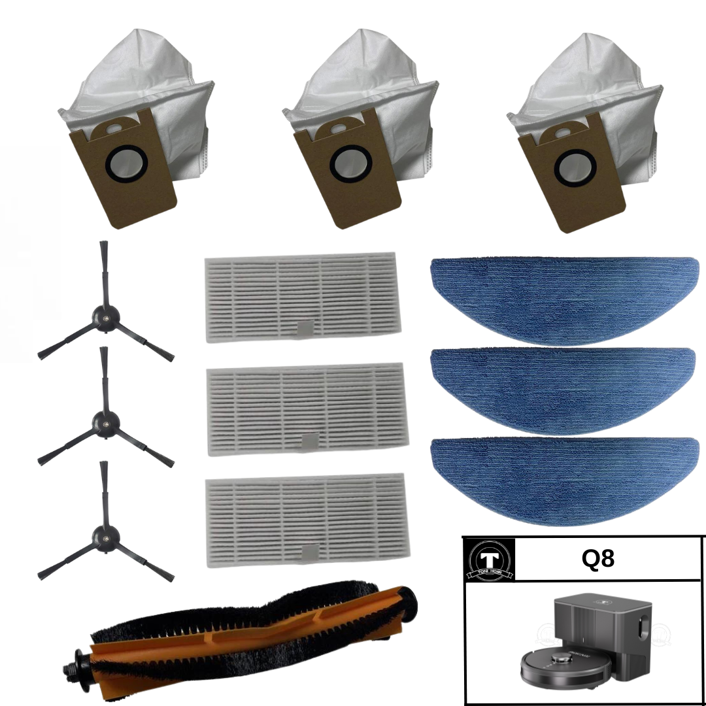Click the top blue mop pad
coord(563,291)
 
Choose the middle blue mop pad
coord(563,380)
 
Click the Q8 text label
coord(597,560)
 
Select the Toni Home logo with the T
coord(489,561)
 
